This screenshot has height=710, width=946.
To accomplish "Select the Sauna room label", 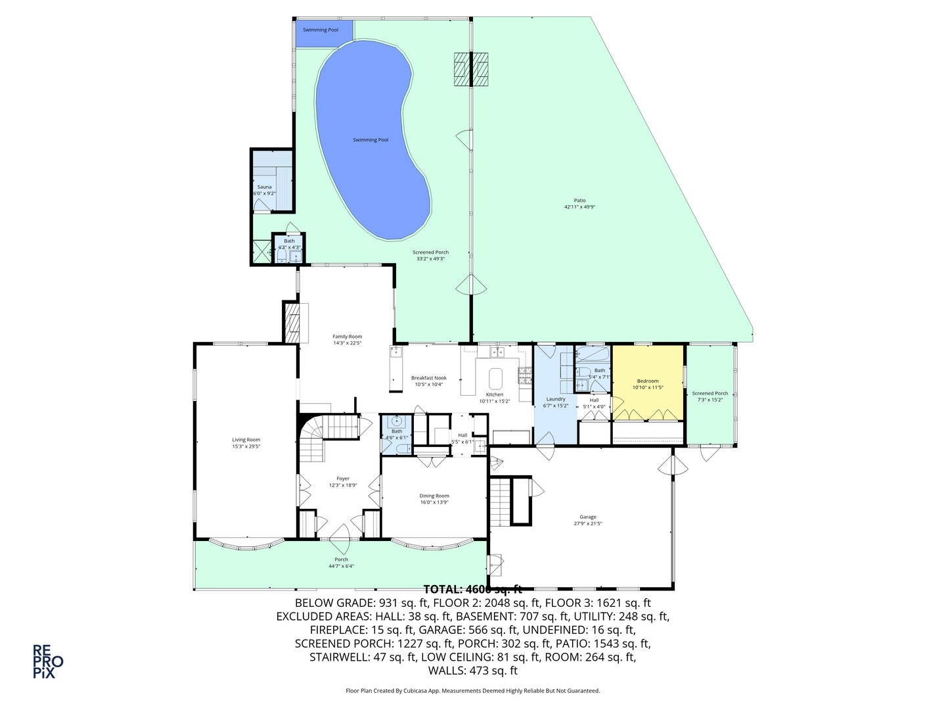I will point(264,187).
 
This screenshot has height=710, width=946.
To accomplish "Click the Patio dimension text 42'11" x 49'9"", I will point(579,207).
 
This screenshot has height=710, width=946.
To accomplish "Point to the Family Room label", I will point(347,337).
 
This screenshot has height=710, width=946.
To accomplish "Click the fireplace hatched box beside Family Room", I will point(291,322).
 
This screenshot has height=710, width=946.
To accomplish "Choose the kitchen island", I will point(495,378).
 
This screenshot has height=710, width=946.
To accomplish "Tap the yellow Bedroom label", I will point(647,381).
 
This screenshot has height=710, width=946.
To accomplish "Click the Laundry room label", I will point(556,399).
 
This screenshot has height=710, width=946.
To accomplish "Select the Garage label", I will point(588,517).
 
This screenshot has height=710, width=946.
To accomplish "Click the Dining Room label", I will point(434,496).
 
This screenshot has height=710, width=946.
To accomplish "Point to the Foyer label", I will point(343,479).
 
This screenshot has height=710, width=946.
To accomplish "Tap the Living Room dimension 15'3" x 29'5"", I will point(246,446).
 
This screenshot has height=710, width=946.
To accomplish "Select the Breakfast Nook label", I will point(429,378).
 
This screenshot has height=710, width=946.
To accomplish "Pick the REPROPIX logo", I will point(48,661).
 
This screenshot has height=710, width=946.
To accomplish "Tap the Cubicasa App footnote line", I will point(472,691).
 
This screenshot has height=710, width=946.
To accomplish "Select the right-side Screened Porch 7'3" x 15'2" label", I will point(710,396).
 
